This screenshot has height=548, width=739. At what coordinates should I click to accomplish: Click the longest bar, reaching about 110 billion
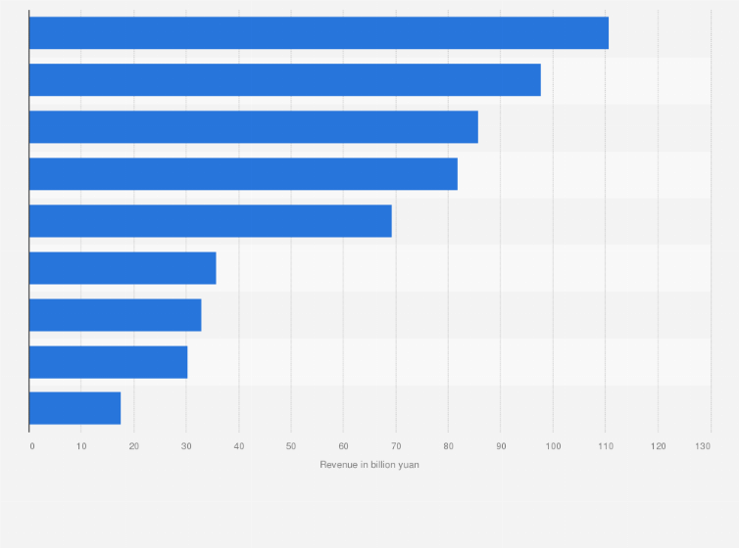pyautogui.click(x=319, y=33)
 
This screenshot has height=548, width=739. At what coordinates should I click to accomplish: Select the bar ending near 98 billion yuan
pyautogui.click(x=284, y=80)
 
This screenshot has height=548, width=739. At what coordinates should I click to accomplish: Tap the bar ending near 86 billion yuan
pyautogui.click(x=253, y=127)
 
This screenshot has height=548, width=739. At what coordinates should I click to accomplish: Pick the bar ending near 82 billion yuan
pyautogui.click(x=243, y=174)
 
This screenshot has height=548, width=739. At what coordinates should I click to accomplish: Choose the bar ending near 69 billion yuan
pyautogui.click(x=210, y=221)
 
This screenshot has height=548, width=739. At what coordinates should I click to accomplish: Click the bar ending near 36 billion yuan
pyautogui.click(x=123, y=268)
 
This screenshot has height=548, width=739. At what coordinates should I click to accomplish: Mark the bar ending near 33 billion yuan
pyautogui.click(x=115, y=315)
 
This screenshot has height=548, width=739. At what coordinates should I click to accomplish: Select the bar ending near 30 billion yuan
pyautogui.click(x=108, y=362)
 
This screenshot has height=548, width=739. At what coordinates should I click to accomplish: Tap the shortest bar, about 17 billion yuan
pyautogui.click(x=74, y=408)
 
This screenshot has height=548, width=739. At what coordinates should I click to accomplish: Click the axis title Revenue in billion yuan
pyautogui.click(x=369, y=464)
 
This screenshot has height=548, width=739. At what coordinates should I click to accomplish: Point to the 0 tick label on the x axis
pyautogui.click(x=31, y=446)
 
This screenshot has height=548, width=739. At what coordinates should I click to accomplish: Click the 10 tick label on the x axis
pyautogui.click(x=81, y=446)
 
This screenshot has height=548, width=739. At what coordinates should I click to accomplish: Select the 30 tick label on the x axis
pyautogui.click(x=186, y=446)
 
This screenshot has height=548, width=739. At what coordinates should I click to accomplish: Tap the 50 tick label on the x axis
pyautogui.click(x=291, y=446)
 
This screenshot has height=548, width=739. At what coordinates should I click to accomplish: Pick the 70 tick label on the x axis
pyautogui.click(x=396, y=446)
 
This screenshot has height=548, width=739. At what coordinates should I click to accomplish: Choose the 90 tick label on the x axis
pyautogui.click(x=501, y=446)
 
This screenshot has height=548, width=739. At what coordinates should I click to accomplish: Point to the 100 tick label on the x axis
pyautogui.click(x=553, y=446)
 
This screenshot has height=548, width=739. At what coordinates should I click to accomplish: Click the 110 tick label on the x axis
pyautogui.click(x=605, y=446)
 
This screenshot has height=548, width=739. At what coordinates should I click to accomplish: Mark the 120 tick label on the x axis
pyautogui.click(x=658, y=446)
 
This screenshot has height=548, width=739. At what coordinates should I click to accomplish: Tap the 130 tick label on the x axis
pyautogui.click(x=703, y=446)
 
